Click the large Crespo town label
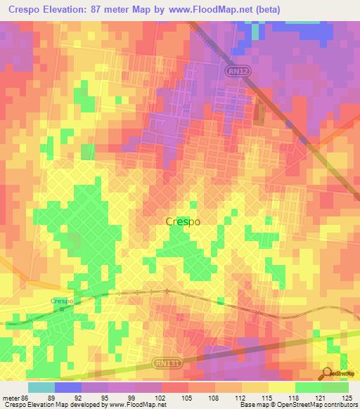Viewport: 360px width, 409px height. tap(183, 221)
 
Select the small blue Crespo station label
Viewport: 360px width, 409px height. tap(62, 301)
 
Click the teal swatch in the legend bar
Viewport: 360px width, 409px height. tap(41, 387)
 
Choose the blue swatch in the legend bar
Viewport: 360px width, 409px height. tap(68, 387)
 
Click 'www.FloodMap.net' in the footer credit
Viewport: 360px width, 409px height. tap(137, 405)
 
